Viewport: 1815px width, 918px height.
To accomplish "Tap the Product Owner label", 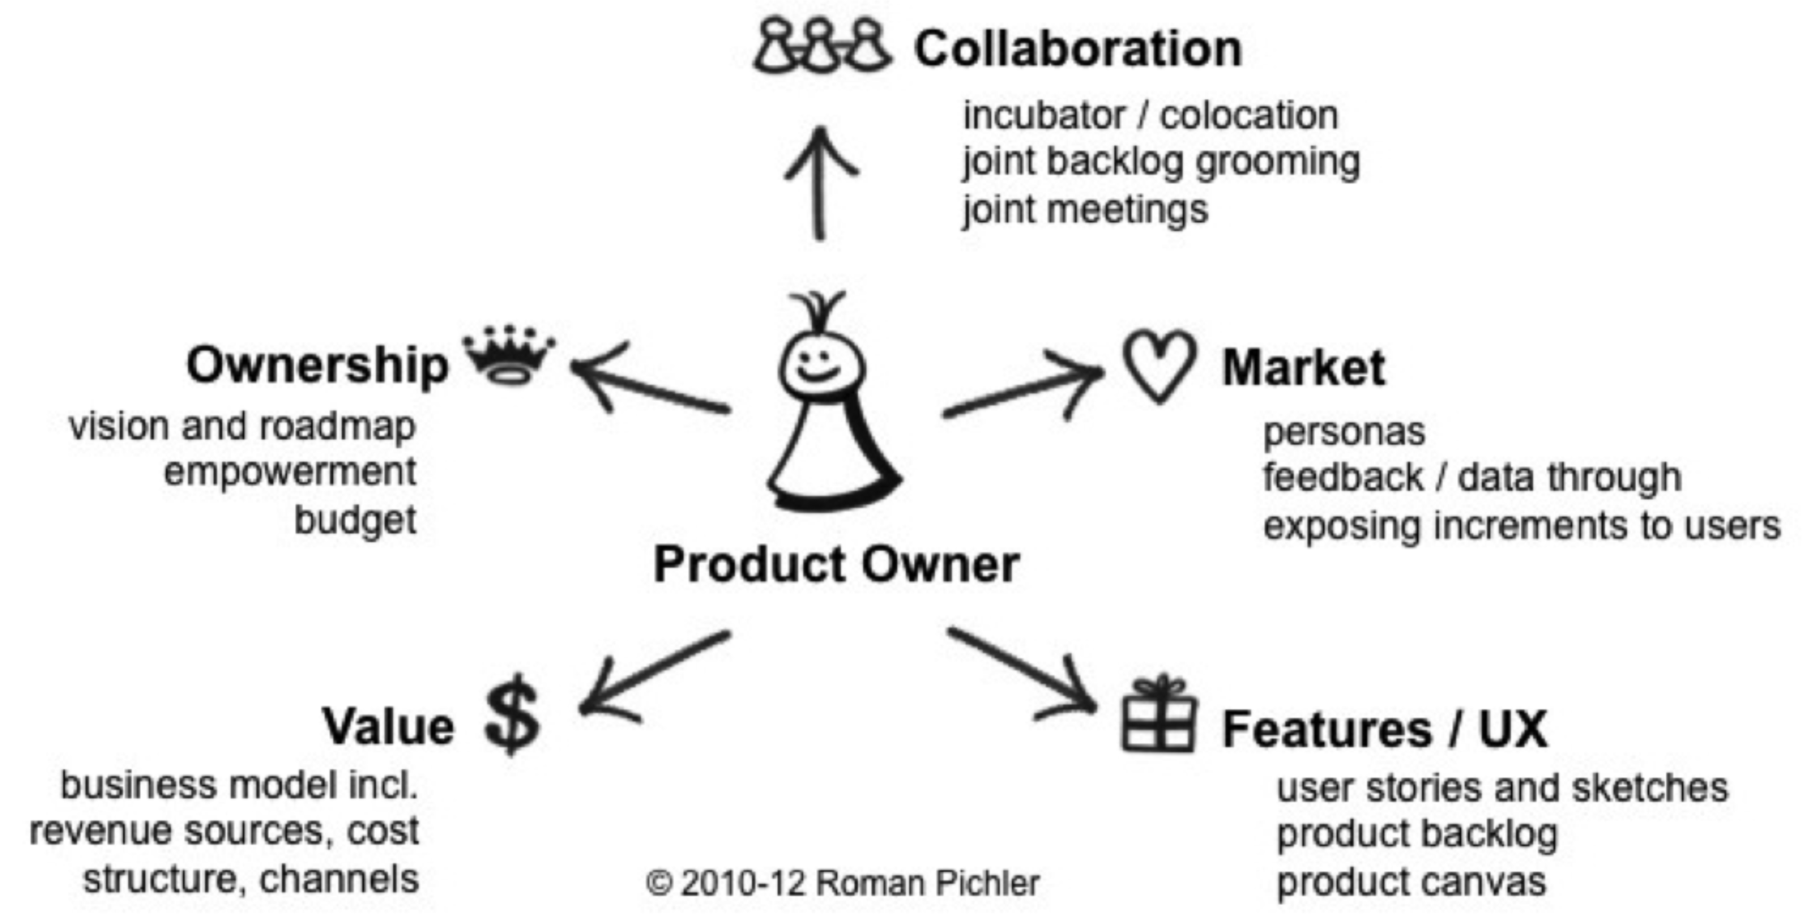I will (836, 565).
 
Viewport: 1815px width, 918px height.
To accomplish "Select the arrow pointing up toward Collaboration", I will (820, 183).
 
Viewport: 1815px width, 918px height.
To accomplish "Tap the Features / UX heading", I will (1384, 729).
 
